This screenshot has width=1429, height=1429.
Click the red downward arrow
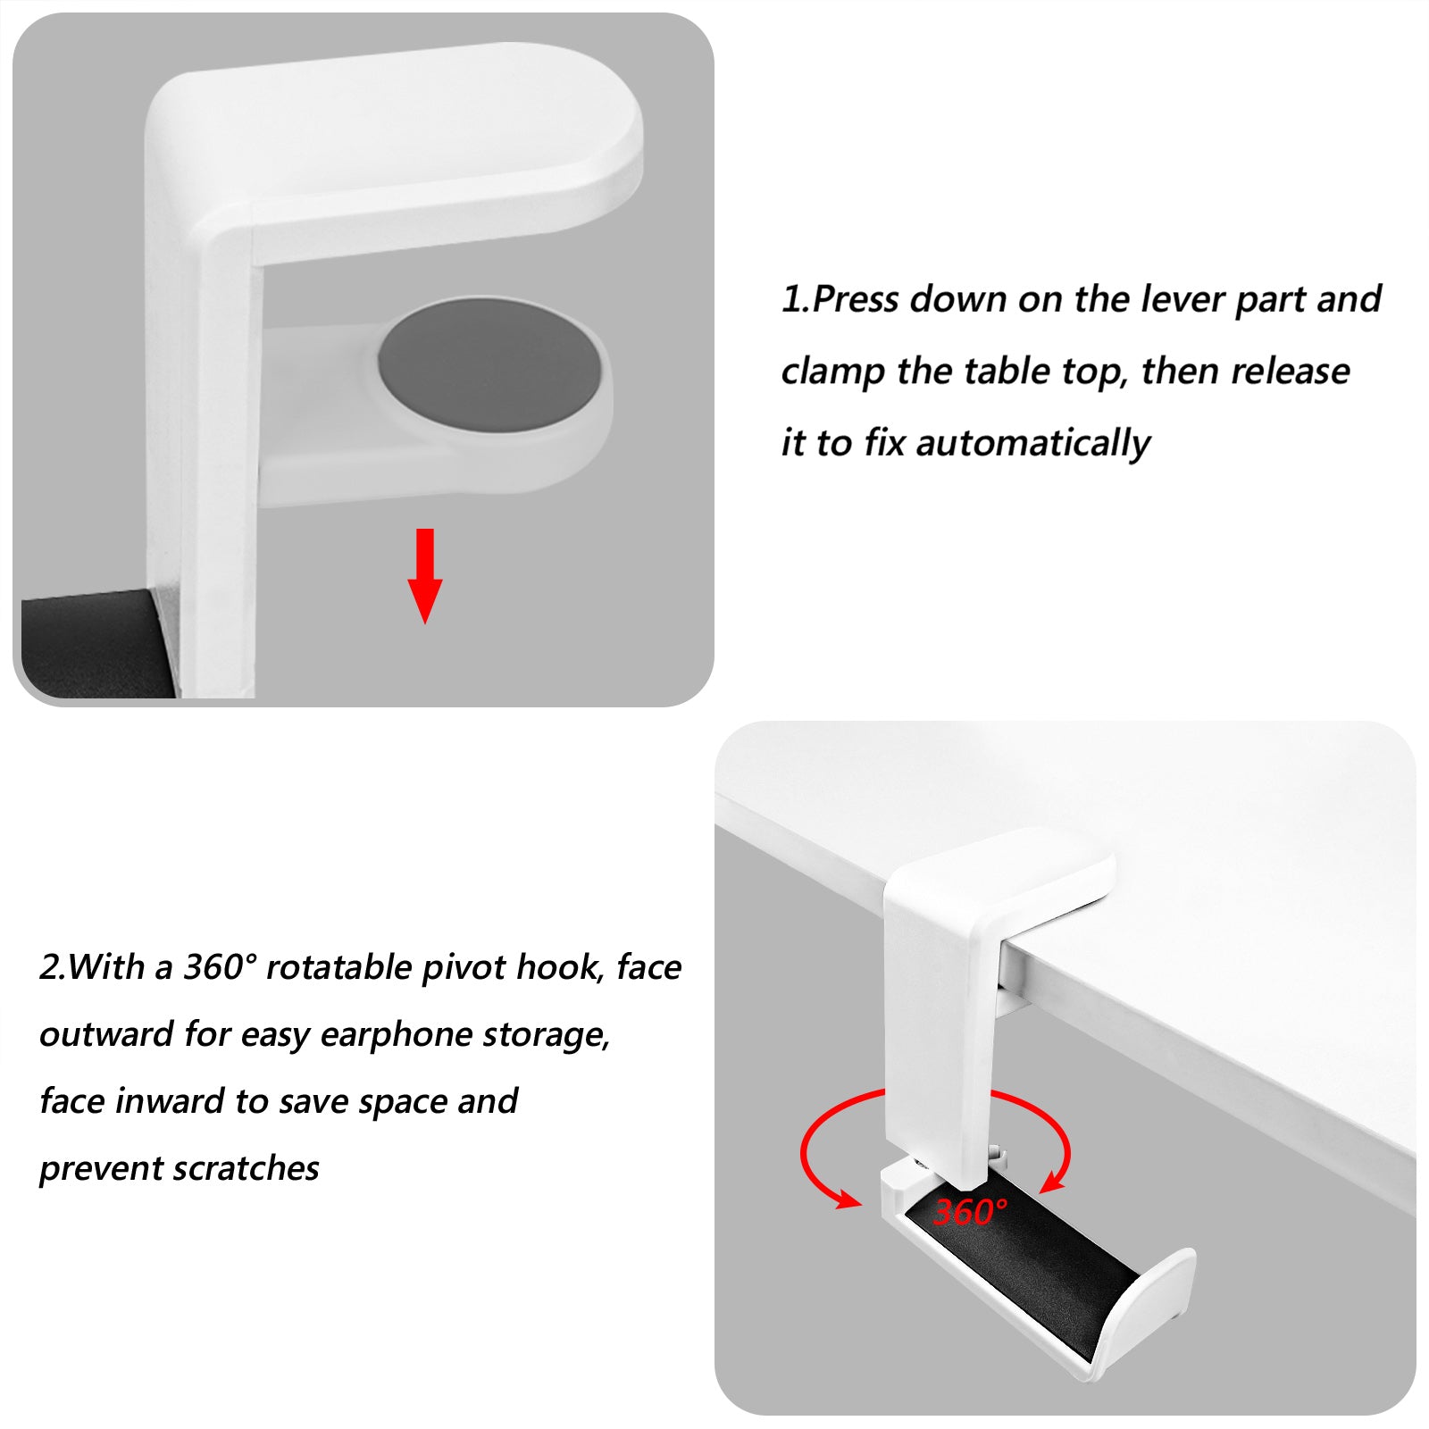tap(425, 575)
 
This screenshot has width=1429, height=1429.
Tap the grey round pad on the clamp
tap(490, 363)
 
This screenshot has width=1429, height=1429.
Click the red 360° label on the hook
tap(971, 1212)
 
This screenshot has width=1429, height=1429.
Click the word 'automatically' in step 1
tap(1033, 443)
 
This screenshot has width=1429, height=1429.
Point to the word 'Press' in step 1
tap(856, 299)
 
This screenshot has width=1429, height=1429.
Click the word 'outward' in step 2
tap(106, 1034)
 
